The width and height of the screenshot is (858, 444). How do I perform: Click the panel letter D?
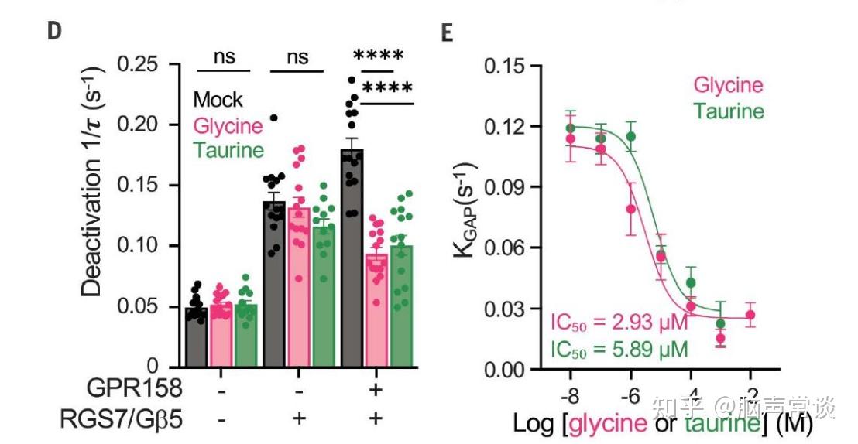(x=55, y=31)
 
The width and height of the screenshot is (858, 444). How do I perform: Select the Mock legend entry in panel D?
(x=218, y=100)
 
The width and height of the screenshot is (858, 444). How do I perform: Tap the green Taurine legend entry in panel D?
(x=228, y=149)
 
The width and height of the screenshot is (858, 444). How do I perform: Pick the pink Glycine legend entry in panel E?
(x=728, y=85)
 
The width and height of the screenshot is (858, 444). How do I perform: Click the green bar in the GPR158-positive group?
(x=401, y=306)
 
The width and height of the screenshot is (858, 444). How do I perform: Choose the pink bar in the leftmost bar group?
(x=221, y=336)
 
